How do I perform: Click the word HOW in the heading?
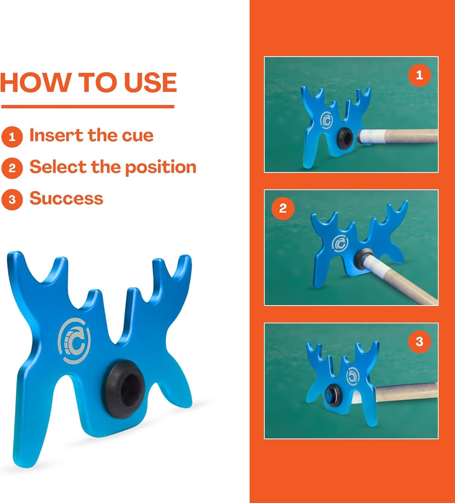35,82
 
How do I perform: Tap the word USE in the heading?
150,82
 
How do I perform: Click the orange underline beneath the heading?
88,107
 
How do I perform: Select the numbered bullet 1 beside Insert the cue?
12,137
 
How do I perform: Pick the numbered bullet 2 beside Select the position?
12,168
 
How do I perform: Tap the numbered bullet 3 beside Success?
12,200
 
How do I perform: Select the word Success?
66,198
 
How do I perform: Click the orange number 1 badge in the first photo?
419,75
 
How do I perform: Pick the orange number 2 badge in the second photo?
283,208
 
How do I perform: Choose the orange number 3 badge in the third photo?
419,341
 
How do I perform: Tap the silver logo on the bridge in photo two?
340,243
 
